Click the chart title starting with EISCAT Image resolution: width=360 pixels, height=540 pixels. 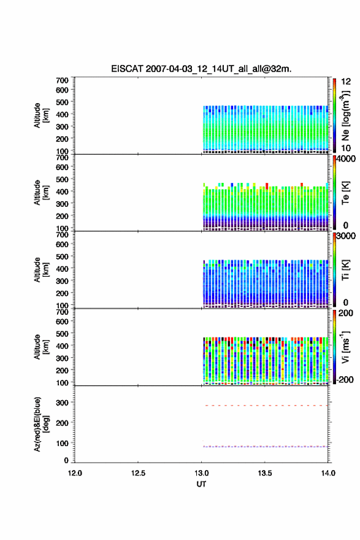201,69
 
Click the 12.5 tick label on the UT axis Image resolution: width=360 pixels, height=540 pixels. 138,473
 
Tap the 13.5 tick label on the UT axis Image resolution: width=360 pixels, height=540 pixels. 265,473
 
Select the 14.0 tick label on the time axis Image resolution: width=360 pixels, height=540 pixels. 328,473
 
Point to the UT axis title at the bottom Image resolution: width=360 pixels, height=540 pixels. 201,484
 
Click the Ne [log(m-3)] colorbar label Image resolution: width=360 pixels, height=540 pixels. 346,116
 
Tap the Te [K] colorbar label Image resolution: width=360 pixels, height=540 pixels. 346,193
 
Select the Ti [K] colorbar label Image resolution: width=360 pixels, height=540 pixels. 346,271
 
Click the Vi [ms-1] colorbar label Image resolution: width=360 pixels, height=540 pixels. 346,347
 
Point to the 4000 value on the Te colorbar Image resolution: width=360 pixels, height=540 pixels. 347,159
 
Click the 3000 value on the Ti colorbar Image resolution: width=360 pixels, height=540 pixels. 347,236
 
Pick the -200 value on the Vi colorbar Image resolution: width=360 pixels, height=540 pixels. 345,379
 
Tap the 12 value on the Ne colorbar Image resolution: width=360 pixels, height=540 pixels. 346,82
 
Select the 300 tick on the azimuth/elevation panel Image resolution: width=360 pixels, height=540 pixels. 63,403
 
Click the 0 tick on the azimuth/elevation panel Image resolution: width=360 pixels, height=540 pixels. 66,460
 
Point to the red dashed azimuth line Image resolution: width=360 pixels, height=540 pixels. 266,406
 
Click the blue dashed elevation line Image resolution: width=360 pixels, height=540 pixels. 266,447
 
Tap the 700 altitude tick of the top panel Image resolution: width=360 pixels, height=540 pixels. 63,80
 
